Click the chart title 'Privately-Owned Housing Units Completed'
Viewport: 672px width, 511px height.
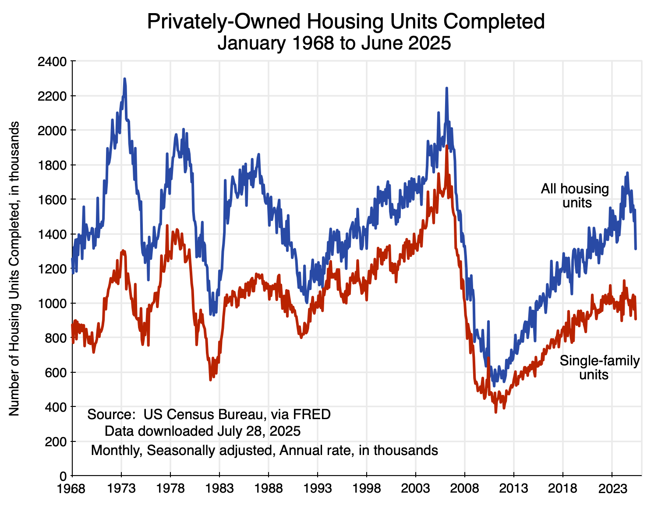point(346,21)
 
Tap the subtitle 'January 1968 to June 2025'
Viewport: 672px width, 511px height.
point(334,43)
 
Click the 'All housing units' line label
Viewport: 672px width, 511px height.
point(575,196)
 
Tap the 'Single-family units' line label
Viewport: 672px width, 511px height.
point(599,368)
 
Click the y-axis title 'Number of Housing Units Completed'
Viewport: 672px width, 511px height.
point(15,268)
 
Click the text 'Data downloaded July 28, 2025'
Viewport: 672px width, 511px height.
point(202,431)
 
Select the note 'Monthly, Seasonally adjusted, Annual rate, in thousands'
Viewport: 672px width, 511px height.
point(264,450)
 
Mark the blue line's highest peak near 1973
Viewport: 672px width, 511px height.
point(125,79)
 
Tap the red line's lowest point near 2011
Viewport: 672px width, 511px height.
point(495,412)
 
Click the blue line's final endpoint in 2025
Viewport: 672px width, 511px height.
point(636,249)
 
